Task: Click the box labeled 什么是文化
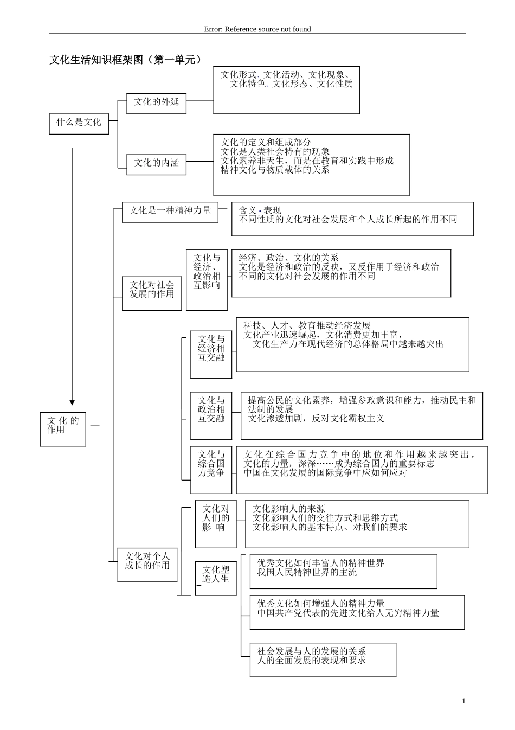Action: [x=79, y=123]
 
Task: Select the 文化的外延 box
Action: [x=156, y=102]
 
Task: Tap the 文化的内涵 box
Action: [x=156, y=163]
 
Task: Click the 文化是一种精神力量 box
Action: [x=170, y=211]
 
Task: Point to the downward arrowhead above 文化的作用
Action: [x=72, y=402]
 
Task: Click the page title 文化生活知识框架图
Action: [x=126, y=60]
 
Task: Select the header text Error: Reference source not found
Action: [x=257, y=29]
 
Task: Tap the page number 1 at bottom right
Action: [x=463, y=701]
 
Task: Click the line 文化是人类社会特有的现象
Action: [x=275, y=152]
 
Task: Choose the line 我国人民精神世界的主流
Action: [x=307, y=573]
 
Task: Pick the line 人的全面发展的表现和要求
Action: [x=312, y=661]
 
